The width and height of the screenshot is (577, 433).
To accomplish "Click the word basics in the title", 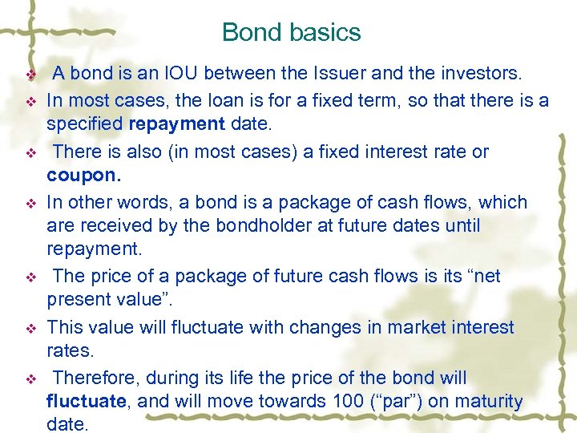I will tap(325, 32).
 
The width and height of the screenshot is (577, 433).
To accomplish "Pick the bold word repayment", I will tap(174, 125).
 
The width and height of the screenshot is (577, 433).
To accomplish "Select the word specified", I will tap(83, 125).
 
